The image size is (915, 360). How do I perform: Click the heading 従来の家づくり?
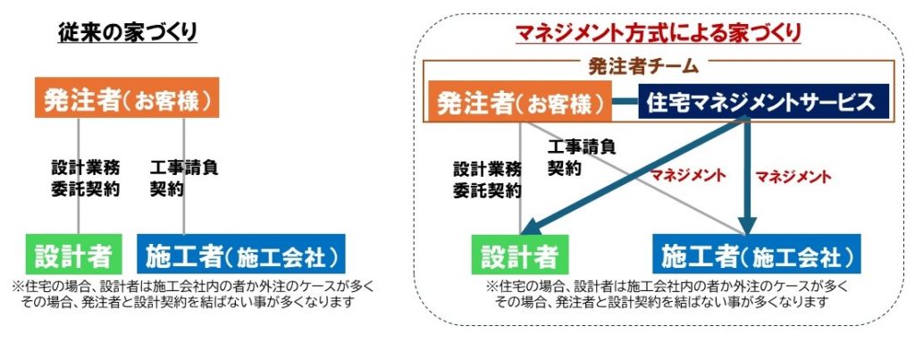coord(128,33)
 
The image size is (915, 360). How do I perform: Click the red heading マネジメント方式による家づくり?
coord(659,34)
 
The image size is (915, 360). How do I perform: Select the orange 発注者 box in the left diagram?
coord(128,99)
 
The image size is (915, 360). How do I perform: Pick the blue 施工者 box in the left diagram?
coord(241,255)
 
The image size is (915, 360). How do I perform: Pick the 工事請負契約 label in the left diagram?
coord(184,178)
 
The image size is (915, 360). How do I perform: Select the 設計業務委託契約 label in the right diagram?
coord(487,179)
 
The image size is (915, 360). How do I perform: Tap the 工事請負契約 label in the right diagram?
coord(582,157)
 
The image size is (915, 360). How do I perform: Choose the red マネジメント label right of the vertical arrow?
coord(793,174)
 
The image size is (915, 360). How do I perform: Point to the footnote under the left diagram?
coord(193,294)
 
